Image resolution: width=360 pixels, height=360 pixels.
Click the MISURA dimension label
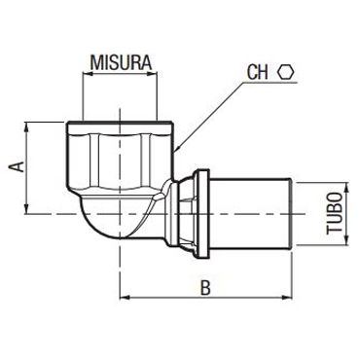click(121, 63)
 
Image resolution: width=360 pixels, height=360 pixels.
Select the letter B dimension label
click(205, 288)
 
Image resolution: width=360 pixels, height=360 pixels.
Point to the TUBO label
click(335, 213)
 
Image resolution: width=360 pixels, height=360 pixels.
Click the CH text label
click(258, 72)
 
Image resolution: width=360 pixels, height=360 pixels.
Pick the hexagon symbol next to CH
click(286, 72)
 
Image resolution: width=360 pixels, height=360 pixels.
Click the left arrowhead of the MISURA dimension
click(88, 74)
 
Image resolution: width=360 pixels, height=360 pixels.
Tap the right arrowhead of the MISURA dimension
click(153, 74)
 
